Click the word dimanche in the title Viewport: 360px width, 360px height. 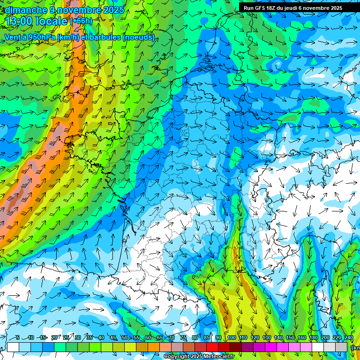click(26, 10)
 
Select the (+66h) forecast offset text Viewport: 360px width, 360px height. click(81, 21)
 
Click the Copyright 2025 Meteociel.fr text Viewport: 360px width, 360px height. click(199, 357)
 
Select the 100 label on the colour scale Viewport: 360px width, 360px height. click(231, 338)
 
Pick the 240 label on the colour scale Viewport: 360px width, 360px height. click(348, 338)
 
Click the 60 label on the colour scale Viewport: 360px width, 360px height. click(148, 338)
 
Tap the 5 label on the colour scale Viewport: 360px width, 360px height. click(18, 338)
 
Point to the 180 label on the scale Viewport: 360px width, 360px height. click(313, 338)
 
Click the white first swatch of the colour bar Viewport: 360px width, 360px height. click(13, 347)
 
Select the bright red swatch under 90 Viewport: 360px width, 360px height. click(213, 347)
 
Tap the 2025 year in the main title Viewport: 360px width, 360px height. click(113, 10)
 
